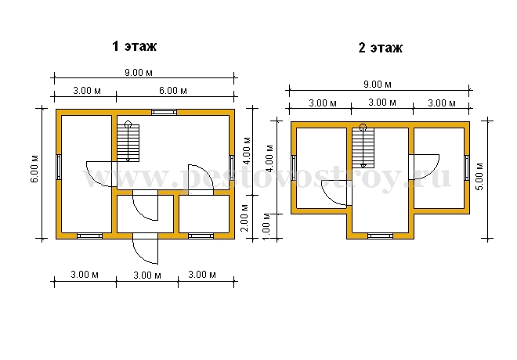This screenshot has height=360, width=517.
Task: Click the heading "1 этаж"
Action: coord(134,46)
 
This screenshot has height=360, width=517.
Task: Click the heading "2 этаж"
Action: coord(380,48)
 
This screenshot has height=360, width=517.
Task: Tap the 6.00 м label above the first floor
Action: coord(173,90)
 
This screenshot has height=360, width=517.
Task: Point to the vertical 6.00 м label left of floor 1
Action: coord(34,168)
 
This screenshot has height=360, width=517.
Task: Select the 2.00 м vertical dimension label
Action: coord(245,218)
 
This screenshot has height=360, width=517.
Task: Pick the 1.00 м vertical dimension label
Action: coord(267,227)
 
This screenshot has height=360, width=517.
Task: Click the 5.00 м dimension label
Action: coord(479,177)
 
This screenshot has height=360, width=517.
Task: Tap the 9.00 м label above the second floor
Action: coord(378,85)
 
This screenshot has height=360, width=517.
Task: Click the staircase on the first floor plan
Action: coord(128,142)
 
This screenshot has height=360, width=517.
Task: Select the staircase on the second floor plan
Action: coord(363,146)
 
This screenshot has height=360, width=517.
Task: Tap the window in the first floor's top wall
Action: coord(164,113)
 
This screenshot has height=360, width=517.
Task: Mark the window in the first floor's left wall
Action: coord(59,167)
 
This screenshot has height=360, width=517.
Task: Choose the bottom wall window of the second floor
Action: coord(380,236)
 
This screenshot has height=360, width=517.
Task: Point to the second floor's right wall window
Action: coord(467,167)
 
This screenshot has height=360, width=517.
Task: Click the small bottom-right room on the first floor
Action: coord(204,214)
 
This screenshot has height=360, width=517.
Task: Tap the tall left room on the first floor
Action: coord(86,174)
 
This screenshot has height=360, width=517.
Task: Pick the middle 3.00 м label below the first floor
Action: coord(147,275)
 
